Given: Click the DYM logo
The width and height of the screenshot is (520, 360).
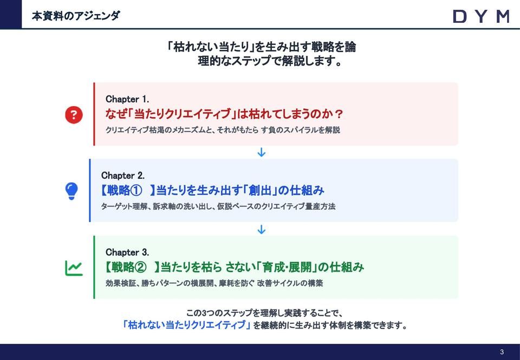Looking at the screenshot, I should [x=481, y=16].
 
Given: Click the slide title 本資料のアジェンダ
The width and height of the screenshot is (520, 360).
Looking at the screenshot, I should [x=76, y=16].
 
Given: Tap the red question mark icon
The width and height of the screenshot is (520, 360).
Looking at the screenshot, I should [x=74, y=114].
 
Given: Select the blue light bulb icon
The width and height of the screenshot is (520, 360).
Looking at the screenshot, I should [x=71, y=191].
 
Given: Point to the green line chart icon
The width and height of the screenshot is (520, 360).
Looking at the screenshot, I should [x=74, y=267].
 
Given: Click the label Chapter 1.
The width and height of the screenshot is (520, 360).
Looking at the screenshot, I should [x=127, y=99].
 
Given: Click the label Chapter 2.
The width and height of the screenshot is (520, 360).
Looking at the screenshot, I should [x=123, y=176].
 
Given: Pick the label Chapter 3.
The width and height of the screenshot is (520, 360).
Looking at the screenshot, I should [x=127, y=252].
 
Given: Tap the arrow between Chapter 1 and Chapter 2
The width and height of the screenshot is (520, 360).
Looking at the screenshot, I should [x=261, y=152].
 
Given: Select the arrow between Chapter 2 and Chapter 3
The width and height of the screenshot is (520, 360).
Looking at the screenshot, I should [x=261, y=229].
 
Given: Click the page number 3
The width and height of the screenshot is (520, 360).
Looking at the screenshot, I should [x=502, y=352].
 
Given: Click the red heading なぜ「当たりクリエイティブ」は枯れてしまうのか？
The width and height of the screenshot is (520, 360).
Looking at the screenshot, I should [x=224, y=114].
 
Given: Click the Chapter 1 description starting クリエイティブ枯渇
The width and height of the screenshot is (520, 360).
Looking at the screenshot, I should [x=223, y=130].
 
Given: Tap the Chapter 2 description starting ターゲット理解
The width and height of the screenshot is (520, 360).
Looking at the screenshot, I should [x=218, y=207].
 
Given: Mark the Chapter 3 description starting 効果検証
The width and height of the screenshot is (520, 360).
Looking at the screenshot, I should [x=214, y=283].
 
